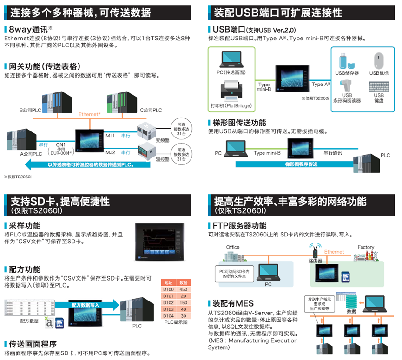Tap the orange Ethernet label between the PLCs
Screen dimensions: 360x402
point(90,114)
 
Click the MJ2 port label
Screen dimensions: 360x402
point(110,152)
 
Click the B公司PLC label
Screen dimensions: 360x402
point(31,111)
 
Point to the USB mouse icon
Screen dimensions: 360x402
point(379,60)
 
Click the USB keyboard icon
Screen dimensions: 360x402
point(379,86)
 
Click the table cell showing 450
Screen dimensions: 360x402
point(183,289)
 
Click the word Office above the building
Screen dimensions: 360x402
point(233,247)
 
